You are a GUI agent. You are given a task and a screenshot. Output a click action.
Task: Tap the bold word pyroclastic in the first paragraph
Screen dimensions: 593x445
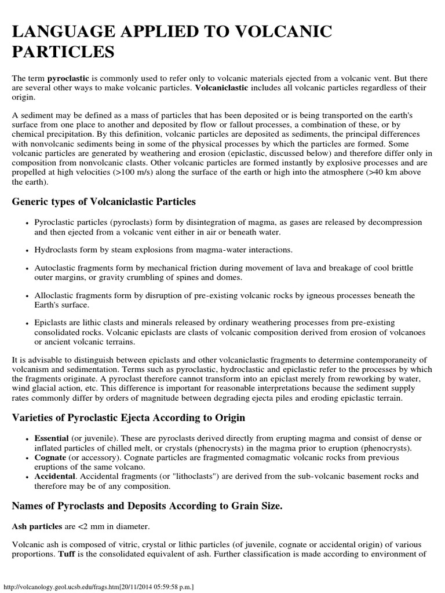pyautogui.click(x=68, y=77)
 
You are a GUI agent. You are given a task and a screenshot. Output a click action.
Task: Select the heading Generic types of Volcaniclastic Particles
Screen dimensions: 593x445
pyautogui.click(x=104, y=202)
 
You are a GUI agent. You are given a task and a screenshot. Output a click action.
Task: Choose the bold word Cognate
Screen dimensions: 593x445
pyautogui.click(x=49, y=457)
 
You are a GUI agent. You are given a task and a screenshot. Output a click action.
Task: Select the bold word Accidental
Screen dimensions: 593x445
pyautogui.click(x=55, y=476)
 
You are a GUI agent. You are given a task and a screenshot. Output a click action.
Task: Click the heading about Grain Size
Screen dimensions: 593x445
pyautogui.click(x=147, y=506)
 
